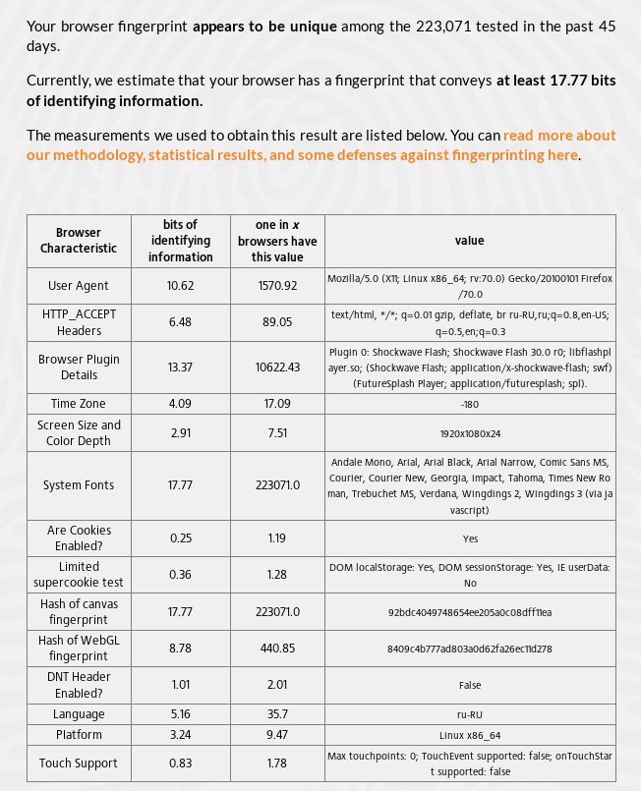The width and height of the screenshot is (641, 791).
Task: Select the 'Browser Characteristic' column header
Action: point(79,241)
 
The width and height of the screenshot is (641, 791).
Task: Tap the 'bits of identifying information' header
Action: point(180,241)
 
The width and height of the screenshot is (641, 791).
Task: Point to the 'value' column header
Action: point(470,241)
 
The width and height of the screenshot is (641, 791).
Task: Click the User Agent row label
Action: point(79,286)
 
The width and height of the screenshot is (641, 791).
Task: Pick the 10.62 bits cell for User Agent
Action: point(180,286)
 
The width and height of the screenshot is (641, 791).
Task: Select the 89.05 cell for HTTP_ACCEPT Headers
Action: point(277,322)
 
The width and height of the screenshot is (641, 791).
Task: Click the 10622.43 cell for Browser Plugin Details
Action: point(277,367)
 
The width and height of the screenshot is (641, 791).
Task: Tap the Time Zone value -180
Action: point(470,404)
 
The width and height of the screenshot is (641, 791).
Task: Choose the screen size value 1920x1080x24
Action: point(470,432)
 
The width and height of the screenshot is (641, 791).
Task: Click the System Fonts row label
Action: point(79,485)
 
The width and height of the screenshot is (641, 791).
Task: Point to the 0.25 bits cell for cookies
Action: point(180,538)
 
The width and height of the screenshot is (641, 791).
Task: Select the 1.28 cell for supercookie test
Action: point(277,575)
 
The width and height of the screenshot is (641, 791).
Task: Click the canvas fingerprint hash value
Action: point(470,612)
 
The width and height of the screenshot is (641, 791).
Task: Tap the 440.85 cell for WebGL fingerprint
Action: point(277,649)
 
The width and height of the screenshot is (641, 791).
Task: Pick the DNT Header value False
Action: point(470,685)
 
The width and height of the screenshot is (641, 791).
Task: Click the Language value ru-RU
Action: point(470,714)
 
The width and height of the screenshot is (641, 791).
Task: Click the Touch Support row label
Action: point(79,763)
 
